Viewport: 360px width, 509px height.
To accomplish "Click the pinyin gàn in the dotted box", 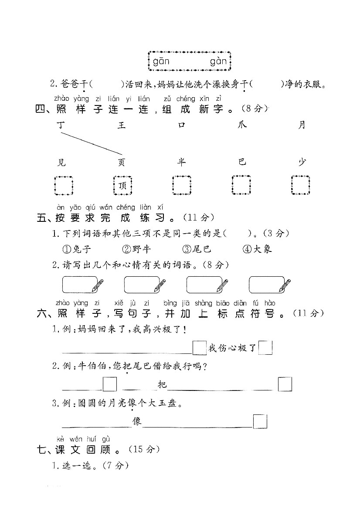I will point(218,62).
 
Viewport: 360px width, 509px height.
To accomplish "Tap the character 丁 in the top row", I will point(61,126).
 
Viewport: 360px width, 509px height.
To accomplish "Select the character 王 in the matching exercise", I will point(121,126).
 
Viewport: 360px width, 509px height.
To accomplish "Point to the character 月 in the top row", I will point(302,126).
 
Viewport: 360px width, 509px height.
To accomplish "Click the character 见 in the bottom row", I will point(61,163).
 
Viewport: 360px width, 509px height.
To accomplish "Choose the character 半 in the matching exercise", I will point(181,163).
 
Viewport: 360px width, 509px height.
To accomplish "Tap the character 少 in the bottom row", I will point(302,163).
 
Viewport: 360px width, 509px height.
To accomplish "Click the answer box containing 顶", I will point(122,185).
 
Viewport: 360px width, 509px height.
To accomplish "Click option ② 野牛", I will point(136,249).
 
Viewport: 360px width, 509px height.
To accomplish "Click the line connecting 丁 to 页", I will point(92,143).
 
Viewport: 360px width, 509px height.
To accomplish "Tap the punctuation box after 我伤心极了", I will point(265,348).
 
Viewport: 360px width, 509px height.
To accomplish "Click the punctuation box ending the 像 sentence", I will point(260,421).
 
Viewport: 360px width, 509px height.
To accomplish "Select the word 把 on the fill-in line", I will point(162,384).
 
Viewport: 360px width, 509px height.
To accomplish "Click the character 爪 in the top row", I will point(242,126).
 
